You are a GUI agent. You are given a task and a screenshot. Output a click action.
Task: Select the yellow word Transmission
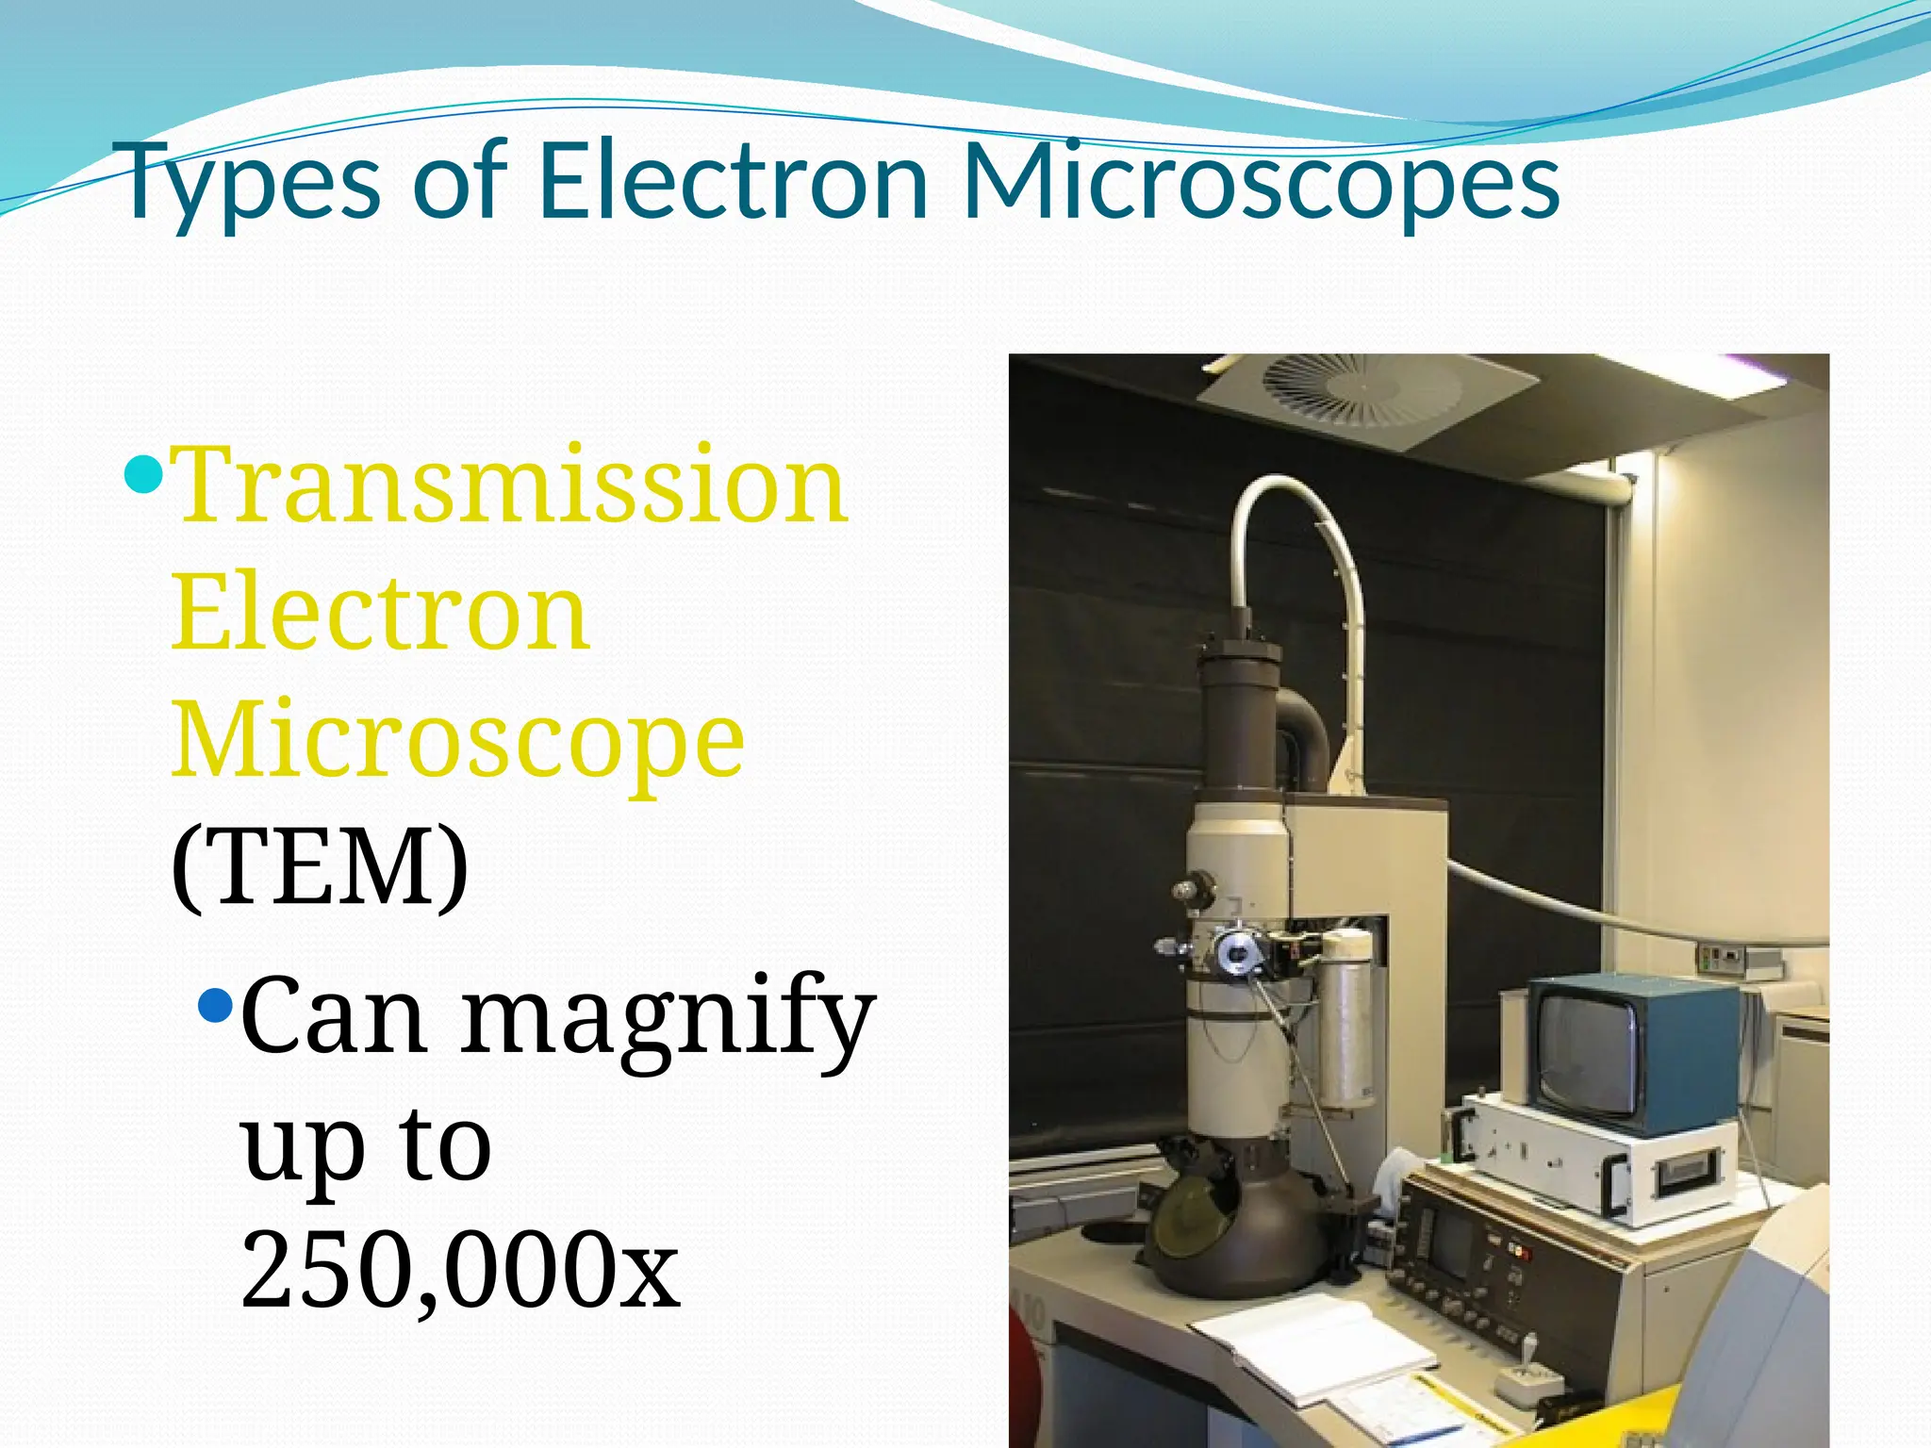tap(510, 486)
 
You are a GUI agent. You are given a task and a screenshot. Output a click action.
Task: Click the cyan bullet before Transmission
tap(144, 472)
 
